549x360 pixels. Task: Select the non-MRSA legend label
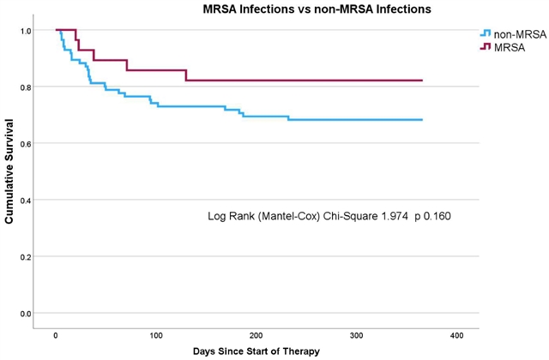click(x=516, y=33)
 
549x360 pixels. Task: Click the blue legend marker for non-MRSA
click(x=486, y=33)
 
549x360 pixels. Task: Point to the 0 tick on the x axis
click(x=56, y=334)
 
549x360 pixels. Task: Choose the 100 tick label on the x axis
click(x=156, y=334)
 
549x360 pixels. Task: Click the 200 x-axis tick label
click(x=256, y=334)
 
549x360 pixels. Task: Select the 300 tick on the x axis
click(x=357, y=334)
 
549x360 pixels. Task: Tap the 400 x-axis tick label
click(x=457, y=334)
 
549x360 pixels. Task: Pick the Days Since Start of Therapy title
click(x=256, y=352)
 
